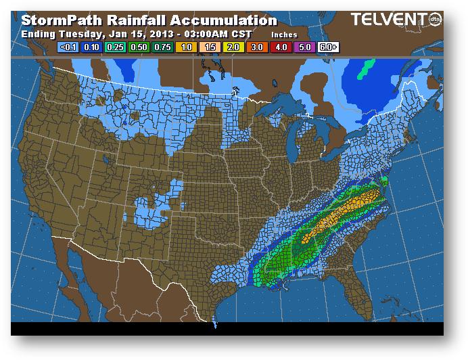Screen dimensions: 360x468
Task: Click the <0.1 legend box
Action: click(x=68, y=48)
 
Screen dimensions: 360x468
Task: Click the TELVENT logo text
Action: click(x=385, y=21)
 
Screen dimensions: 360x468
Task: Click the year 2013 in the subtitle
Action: click(x=160, y=34)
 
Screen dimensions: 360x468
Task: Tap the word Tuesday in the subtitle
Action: click(x=80, y=34)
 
